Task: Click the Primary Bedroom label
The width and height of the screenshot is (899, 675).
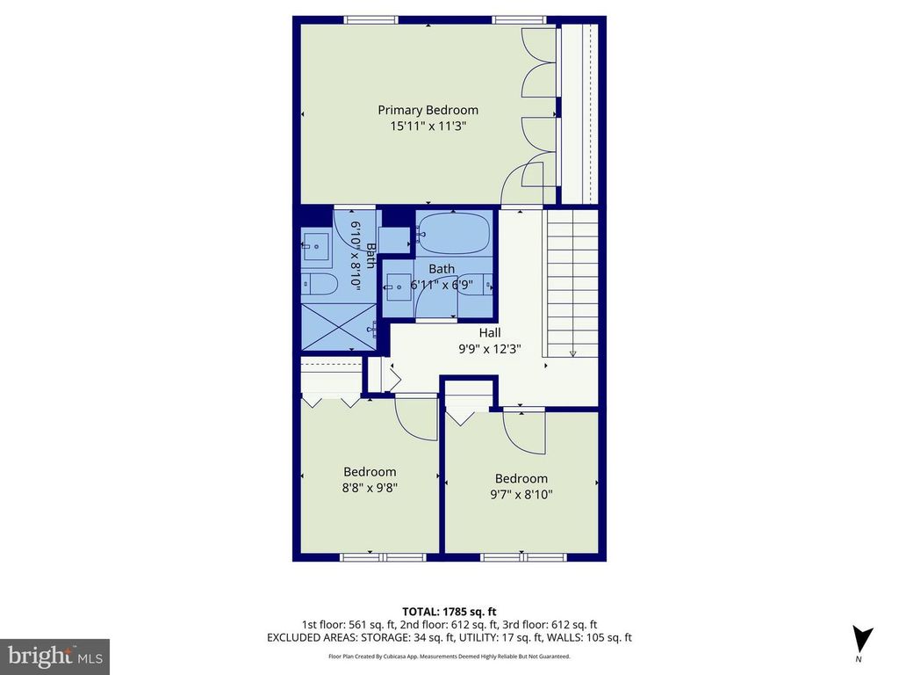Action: (x=428, y=110)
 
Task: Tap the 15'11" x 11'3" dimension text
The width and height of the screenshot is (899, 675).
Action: (x=428, y=126)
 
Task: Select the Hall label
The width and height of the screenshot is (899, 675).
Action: (x=490, y=332)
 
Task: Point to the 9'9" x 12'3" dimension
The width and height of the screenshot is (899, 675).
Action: (x=490, y=348)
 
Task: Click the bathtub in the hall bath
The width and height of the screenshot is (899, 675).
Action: (x=453, y=234)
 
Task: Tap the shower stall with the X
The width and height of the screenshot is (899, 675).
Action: (x=339, y=327)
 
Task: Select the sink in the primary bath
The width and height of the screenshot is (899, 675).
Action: (x=315, y=247)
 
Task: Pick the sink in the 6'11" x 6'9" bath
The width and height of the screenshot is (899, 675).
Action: (x=398, y=287)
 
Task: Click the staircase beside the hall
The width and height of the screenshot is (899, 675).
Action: (x=572, y=283)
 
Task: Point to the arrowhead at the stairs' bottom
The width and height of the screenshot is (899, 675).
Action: (x=572, y=353)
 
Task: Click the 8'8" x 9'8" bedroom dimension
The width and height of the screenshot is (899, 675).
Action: (x=370, y=488)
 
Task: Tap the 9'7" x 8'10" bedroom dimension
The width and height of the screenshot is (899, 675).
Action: (x=521, y=494)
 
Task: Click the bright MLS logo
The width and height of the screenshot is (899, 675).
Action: (x=55, y=657)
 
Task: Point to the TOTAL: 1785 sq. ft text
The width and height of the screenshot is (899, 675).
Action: (x=449, y=612)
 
